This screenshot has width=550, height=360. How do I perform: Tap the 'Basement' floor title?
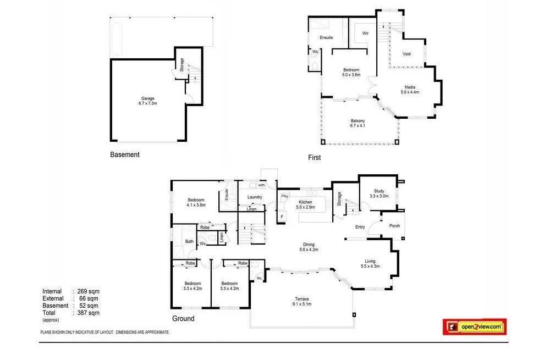[x=125, y=155]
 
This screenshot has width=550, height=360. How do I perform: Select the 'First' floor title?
[x=314, y=158]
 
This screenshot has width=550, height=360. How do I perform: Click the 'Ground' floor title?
[x=183, y=319]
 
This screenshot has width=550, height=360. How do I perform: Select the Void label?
[x=406, y=54]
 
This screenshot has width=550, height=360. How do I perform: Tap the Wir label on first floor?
[x=365, y=33]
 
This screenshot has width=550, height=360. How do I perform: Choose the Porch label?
[x=394, y=225]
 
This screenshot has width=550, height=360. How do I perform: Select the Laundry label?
[x=255, y=197]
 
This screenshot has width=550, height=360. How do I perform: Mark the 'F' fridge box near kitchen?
[x=282, y=217]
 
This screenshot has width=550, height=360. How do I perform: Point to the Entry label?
[x=360, y=227]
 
